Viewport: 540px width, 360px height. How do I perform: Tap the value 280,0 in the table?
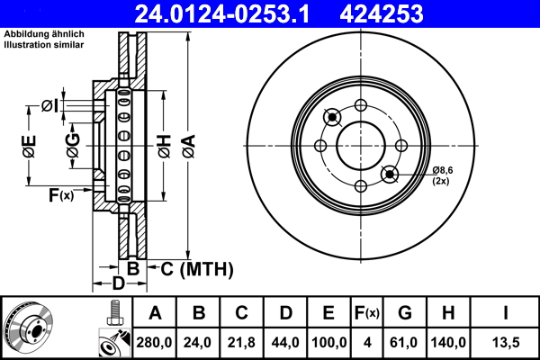(x=155, y=343)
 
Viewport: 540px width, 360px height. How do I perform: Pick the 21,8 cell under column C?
(x=241, y=343)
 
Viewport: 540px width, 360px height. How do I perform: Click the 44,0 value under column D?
(x=285, y=343)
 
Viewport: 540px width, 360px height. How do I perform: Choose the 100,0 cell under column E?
(x=329, y=343)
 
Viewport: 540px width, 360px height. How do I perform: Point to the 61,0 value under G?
(x=405, y=343)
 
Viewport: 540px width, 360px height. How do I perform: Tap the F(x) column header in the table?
(x=367, y=313)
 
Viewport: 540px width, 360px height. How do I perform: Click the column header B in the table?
(x=199, y=313)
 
